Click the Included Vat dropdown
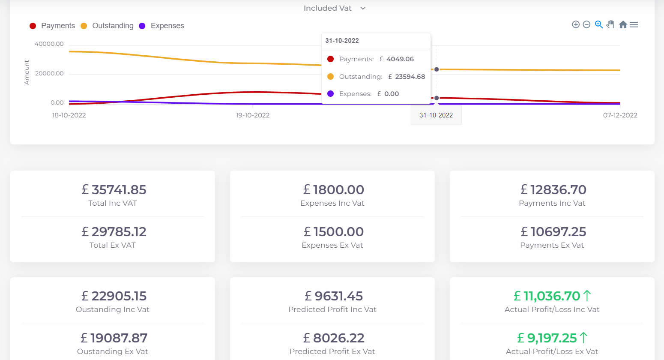click(x=335, y=8)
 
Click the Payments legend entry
click(x=52, y=26)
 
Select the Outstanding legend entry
click(x=107, y=26)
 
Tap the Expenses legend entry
click(x=162, y=26)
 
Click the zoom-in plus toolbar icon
click(x=576, y=24)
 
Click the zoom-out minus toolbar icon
click(x=586, y=24)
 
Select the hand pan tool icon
click(x=610, y=24)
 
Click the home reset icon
click(x=623, y=24)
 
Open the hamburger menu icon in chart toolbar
click(x=634, y=24)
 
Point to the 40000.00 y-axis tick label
click(x=49, y=44)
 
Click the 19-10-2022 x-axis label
click(x=253, y=115)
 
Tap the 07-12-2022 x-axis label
click(x=620, y=115)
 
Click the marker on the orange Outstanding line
click(x=437, y=69)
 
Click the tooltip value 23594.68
click(x=410, y=77)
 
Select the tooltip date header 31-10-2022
click(x=342, y=41)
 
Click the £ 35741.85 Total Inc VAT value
click(x=114, y=189)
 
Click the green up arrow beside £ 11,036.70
click(x=587, y=296)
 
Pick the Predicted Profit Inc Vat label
click(x=332, y=309)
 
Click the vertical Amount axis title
click(x=27, y=72)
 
